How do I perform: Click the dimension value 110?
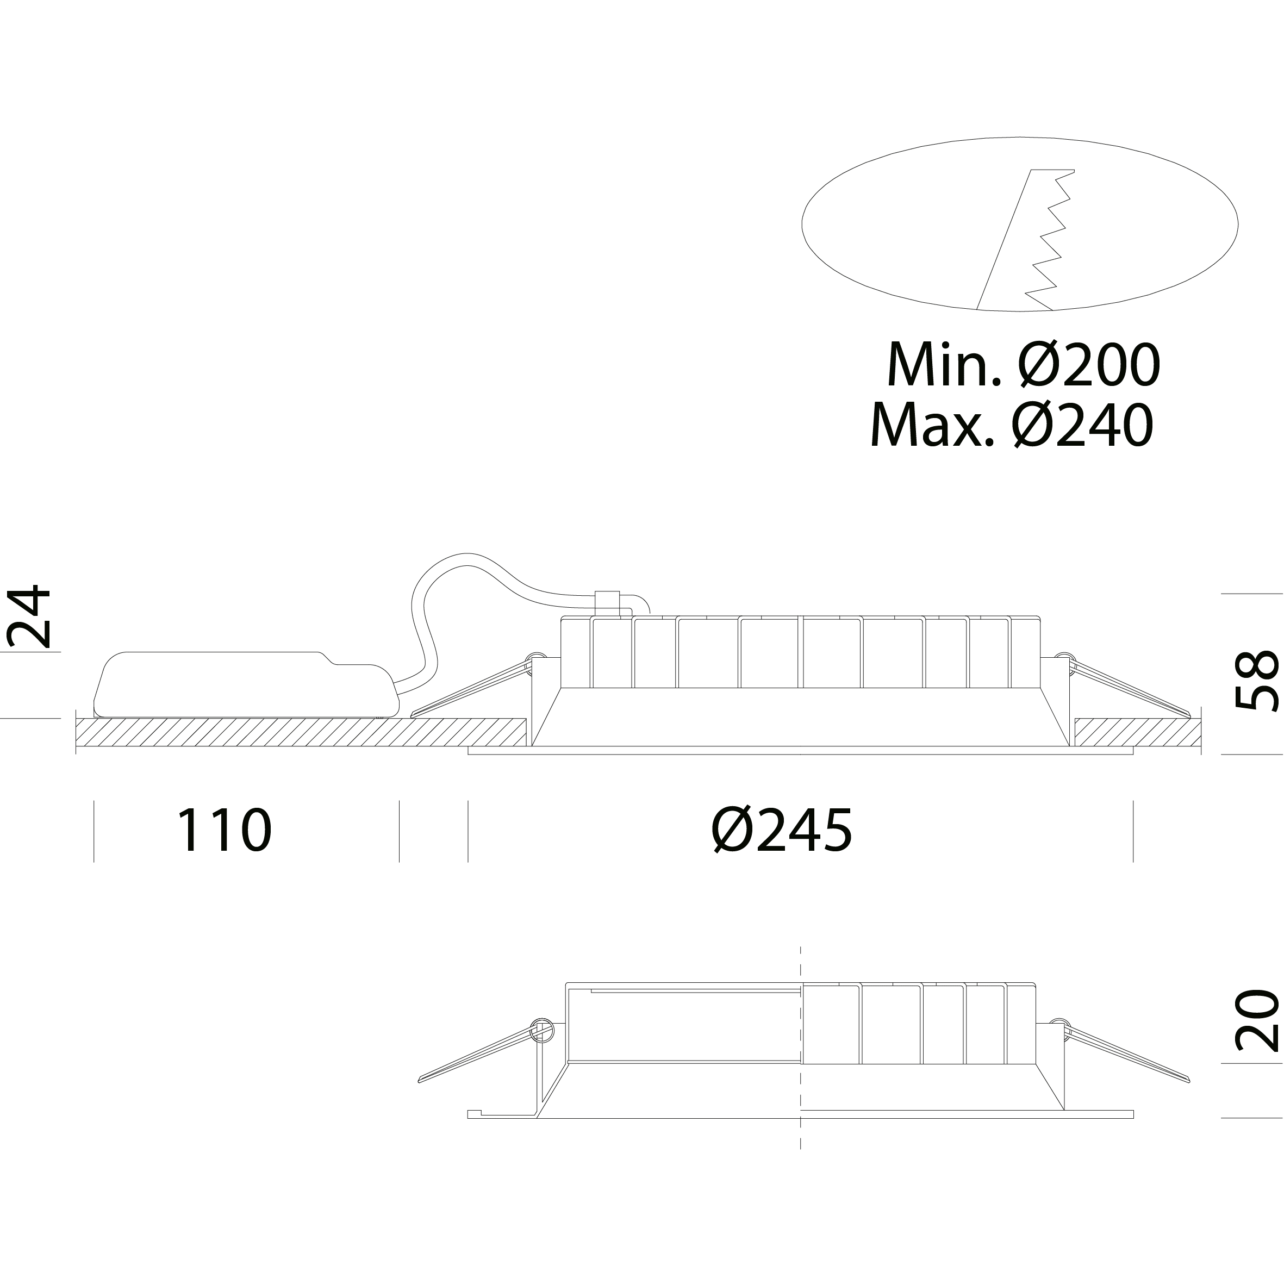[224, 830]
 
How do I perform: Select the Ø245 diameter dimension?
[782, 830]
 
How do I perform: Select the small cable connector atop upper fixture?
[607, 603]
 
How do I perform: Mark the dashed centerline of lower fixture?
[801, 1048]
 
